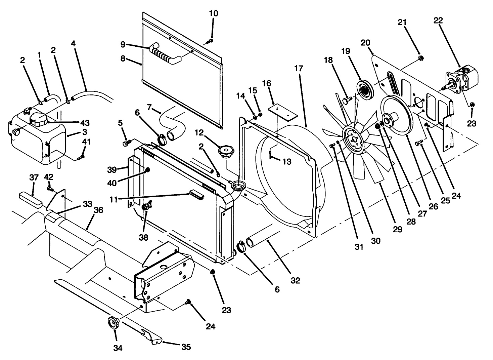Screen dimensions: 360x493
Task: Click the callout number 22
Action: click(x=438, y=21)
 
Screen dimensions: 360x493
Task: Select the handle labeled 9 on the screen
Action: click(x=165, y=54)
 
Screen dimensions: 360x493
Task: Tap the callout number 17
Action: click(x=299, y=69)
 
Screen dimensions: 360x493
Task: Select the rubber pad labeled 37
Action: click(x=30, y=199)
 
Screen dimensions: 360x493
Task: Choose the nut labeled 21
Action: click(x=420, y=59)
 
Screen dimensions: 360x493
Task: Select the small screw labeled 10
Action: click(x=210, y=41)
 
